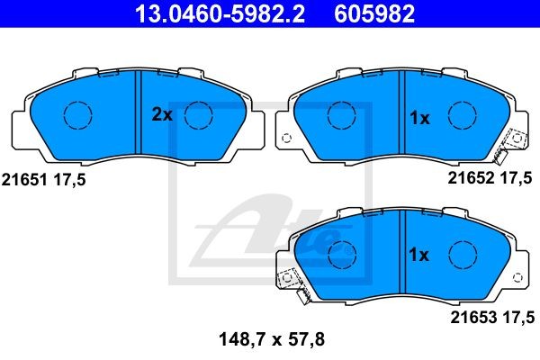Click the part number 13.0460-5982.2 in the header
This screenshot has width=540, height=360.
pos(220,13)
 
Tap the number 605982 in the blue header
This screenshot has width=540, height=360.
pos(374,13)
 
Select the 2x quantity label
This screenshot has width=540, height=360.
pos(162,114)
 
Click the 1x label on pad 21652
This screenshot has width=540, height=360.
pos(419,118)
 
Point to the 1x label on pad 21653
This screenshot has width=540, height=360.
pos(418,255)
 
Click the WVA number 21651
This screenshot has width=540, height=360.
pos(24,180)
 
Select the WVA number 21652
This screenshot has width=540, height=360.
pos(471,178)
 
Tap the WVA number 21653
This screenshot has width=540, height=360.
pos(473,318)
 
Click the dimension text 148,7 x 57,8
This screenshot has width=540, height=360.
pos(272,339)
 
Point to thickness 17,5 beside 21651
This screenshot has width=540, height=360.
pos(69,180)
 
